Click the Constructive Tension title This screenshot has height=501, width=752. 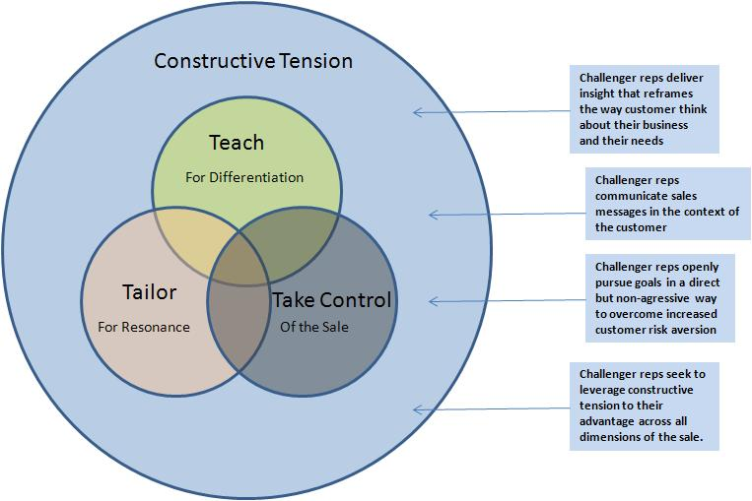(253, 61)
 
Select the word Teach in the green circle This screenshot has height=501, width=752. (237, 143)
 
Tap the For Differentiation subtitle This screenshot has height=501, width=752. (244, 177)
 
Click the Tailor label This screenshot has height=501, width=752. (149, 291)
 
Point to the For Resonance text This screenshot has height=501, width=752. (144, 327)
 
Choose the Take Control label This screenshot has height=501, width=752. (332, 300)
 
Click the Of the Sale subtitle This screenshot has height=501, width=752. (314, 327)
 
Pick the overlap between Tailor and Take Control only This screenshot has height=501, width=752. (238, 326)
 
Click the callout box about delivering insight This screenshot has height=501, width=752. (645, 109)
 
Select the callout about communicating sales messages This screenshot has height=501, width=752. (667, 204)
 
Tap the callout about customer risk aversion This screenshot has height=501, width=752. (660, 298)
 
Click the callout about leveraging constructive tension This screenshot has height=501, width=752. (645, 407)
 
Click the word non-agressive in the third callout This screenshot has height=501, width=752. (652, 298)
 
